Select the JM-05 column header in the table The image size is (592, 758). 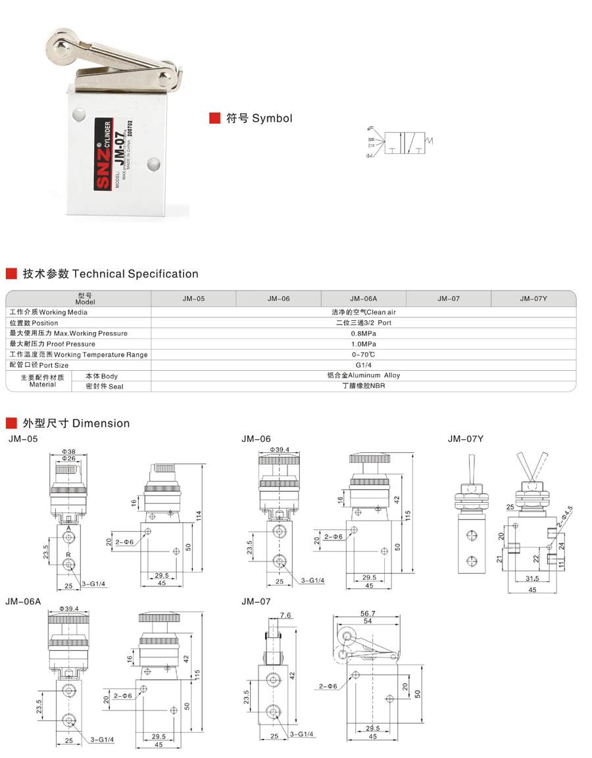tap(193, 298)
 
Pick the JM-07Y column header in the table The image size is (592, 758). tap(533, 298)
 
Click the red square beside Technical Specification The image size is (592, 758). tap(11, 273)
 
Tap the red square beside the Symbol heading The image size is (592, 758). tap(214, 118)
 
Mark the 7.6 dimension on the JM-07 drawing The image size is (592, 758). tap(285, 616)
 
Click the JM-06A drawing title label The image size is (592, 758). tap(22, 601)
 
